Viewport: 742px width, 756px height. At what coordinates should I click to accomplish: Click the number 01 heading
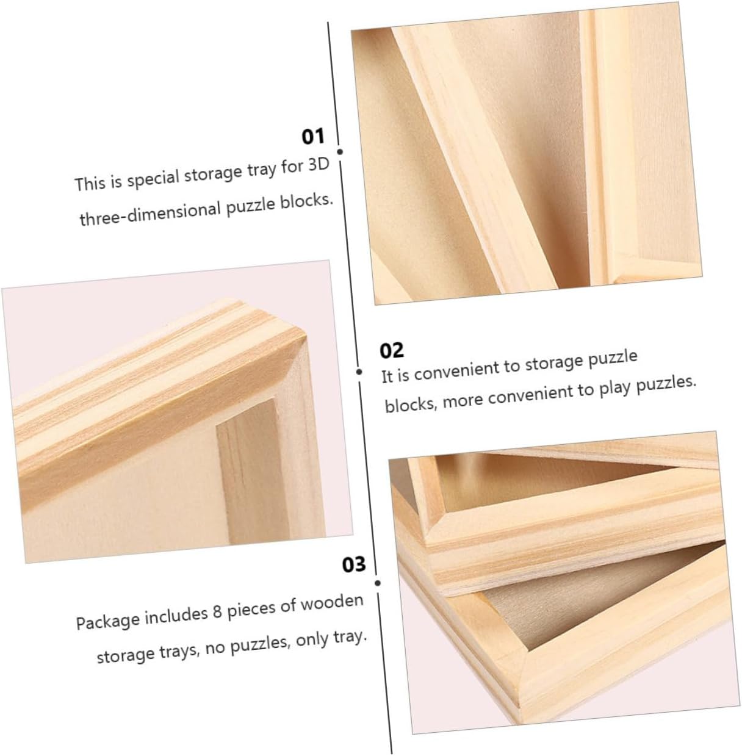click(313, 137)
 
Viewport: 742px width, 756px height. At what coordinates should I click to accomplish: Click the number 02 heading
click(391, 350)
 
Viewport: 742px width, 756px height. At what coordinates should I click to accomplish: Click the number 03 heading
click(353, 565)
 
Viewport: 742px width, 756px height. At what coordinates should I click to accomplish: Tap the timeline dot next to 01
click(340, 151)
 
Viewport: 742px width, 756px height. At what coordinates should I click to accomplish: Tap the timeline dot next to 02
click(359, 372)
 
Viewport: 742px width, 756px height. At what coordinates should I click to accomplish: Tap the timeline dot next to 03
click(378, 583)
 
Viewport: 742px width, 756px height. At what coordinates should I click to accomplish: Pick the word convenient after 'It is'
click(457, 370)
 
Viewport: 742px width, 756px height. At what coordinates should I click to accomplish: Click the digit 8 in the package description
click(217, 613)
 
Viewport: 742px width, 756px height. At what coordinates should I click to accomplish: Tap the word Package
click(107, 621)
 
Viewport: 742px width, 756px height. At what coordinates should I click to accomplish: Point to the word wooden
click(331, 603)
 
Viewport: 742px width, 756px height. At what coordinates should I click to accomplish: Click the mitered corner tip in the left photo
click(305, 337)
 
